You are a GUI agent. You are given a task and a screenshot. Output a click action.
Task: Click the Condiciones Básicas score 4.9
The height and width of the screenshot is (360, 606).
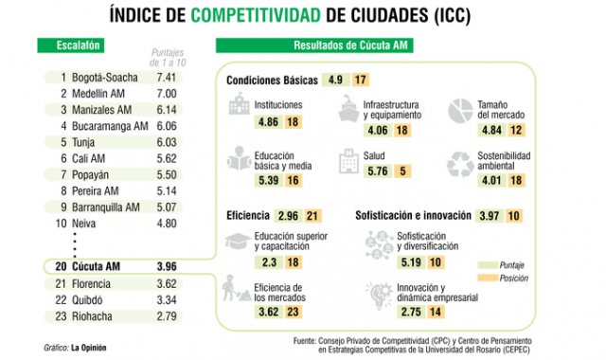335,80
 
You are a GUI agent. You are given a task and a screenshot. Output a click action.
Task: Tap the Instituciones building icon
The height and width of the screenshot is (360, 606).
239,108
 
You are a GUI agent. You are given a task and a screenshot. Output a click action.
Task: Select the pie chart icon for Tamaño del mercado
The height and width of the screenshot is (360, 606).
460,108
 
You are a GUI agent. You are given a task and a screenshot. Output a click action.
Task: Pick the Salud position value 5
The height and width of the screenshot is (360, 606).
402,171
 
